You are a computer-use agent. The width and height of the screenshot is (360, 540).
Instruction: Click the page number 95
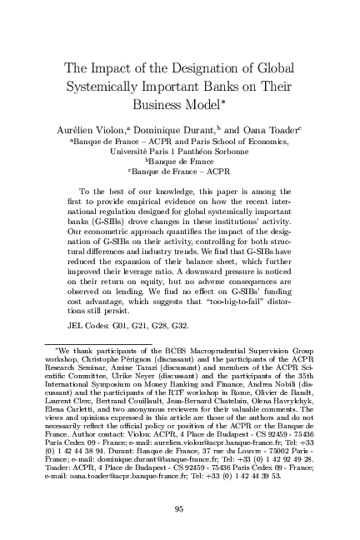point(180,509)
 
